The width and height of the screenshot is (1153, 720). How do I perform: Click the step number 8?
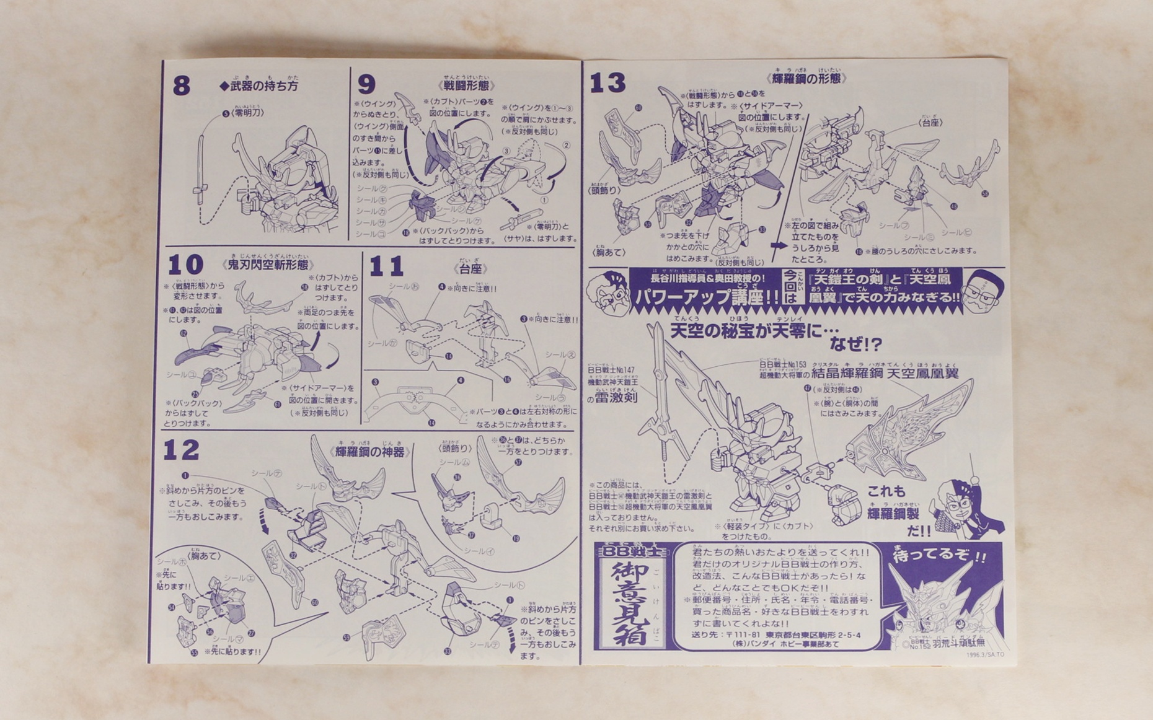[181, 86]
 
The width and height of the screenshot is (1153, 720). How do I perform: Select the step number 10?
[185, 265]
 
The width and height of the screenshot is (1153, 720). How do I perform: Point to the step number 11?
[386, 267]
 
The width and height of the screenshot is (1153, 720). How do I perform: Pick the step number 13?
[607, 83]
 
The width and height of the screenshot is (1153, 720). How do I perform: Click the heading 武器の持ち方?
[259, 86]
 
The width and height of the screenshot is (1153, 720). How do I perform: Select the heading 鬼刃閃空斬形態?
[268, 265]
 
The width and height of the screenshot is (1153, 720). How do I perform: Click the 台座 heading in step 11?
[470, 269]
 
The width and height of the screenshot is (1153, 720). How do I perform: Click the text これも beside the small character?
[886, 492]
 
